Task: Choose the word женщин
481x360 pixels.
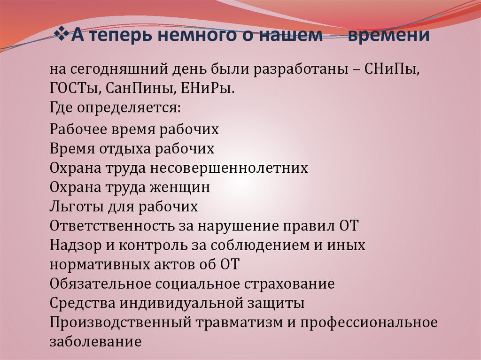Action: tap(182, 188)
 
